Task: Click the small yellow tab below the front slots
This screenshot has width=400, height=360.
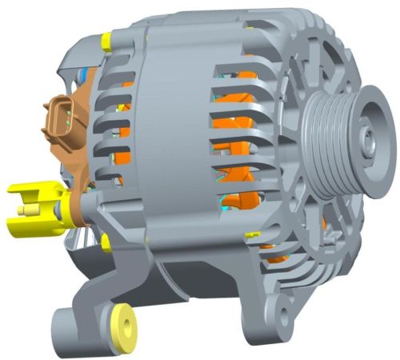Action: (x=252, y=234)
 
